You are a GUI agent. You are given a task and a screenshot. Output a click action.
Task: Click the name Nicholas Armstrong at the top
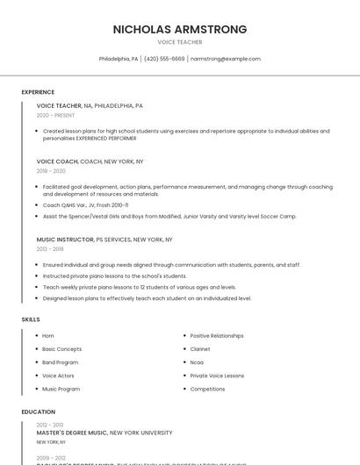coord(180,29)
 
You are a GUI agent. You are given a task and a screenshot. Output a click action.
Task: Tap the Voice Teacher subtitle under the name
coord(180,42)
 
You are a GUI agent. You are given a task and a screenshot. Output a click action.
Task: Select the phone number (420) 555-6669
coord(164,59)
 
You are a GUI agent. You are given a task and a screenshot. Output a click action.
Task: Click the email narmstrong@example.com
coord(226,59)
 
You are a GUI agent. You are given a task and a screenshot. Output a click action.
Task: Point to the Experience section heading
coord(38,92)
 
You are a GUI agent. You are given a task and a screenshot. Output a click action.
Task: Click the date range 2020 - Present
coord(55,115)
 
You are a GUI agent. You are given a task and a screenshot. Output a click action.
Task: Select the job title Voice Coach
coord(57,161)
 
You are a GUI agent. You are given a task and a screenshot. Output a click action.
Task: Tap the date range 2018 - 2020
coord(51,171)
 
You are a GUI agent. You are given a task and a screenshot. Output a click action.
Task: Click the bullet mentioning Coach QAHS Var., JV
coord(85,205)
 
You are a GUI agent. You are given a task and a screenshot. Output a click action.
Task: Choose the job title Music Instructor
coord(65,240)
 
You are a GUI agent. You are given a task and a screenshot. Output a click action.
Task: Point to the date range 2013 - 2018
coord(50,249)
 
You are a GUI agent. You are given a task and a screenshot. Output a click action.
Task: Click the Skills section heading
coord(31,319)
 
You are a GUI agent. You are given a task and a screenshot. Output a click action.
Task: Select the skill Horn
coord(48,336)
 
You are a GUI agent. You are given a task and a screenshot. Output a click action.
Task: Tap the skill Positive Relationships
coord(217,336)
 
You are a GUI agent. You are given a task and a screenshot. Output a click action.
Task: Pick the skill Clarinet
coord(200,349)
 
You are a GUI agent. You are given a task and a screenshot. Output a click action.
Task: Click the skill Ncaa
coord(197,362)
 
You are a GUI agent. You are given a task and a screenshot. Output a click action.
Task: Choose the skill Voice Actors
coord(58,376)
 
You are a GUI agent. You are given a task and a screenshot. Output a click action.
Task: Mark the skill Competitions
coord(207,389)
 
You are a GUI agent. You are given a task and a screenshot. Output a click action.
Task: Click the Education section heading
coord(38,411)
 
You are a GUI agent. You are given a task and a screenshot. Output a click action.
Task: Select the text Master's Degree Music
coord(72,433)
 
